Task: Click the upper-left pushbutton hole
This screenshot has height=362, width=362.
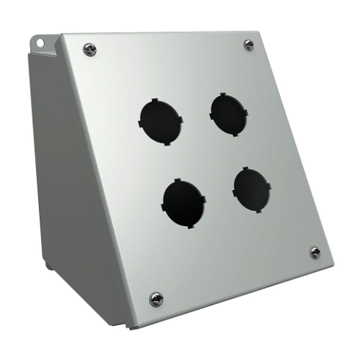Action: (159, 120)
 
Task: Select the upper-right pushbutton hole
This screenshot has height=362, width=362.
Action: (228, 114)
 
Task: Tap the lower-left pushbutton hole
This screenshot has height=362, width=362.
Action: (184, 203)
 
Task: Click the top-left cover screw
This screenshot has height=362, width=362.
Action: (90, 49)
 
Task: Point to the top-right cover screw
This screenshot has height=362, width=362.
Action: (249, 45)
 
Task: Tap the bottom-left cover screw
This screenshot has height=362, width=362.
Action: (156, 298)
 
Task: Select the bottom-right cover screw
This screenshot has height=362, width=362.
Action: (315, 252)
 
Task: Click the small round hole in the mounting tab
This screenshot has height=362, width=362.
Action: (42, 43)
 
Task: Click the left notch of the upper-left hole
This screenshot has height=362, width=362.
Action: (139, 123)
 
